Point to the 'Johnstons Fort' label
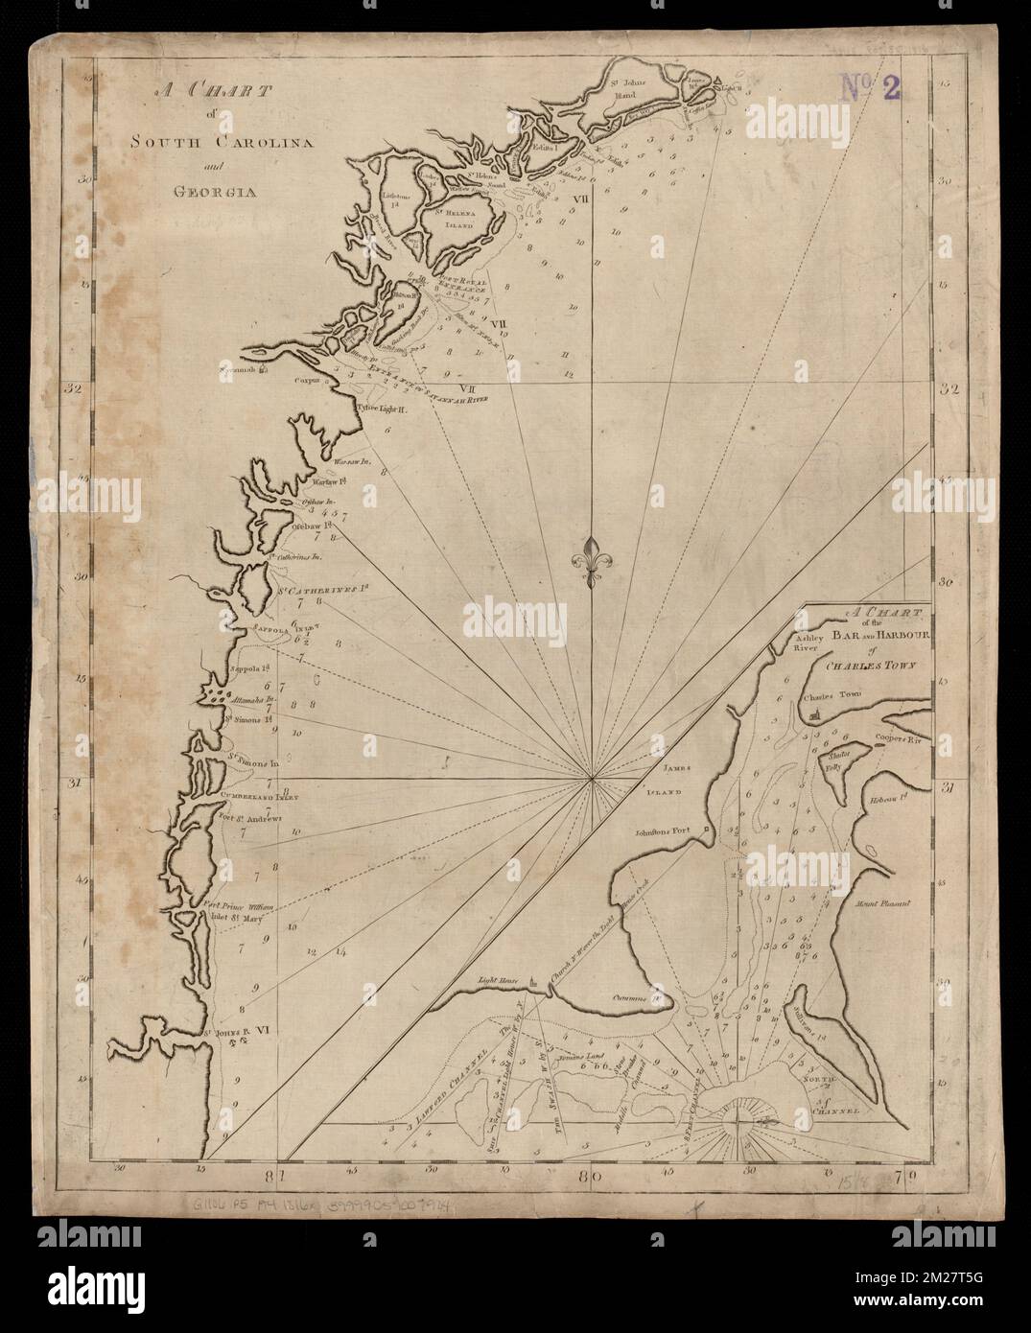(x=667, y=831)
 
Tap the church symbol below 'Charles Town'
(x=814, y=715)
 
